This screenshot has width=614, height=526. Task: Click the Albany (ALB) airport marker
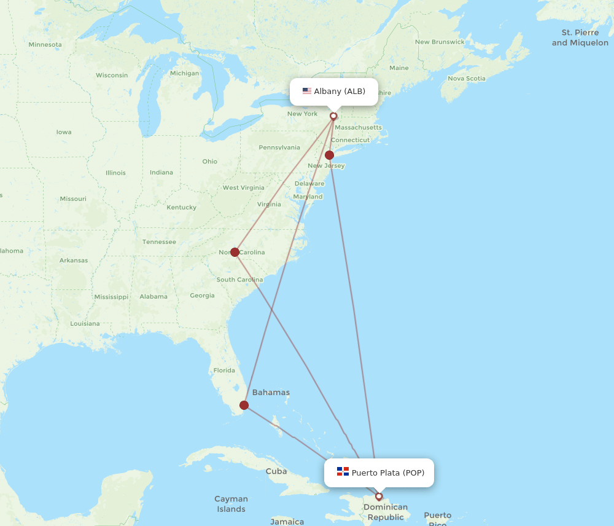[333, 116]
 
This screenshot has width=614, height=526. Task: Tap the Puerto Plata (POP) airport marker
[379, 497]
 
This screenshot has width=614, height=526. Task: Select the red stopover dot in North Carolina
[235, 252]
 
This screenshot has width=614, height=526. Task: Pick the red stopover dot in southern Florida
[244, 405]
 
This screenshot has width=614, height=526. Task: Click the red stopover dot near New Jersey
[330, 155]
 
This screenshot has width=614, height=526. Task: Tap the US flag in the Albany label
[307, 92]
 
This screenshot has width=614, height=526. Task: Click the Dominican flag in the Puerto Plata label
[343, 472]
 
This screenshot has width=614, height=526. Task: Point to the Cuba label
[276, 471]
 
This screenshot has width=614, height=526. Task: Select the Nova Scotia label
[467, 78]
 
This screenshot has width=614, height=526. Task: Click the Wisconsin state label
[112, 75]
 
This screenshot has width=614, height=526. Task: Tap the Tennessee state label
[159, 241]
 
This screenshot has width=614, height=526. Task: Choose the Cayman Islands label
[231, 504]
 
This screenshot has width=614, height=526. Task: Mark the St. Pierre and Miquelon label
[580, 37]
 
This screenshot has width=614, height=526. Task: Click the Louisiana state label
[85, 323]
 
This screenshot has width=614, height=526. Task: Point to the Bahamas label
[271, 392]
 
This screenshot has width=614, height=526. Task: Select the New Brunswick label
[440, 42]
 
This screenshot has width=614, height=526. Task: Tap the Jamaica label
[287, 522]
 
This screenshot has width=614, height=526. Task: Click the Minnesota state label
[45, 44]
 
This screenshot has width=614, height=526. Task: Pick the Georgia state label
[202, 296]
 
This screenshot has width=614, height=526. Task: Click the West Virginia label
[243, 187]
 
